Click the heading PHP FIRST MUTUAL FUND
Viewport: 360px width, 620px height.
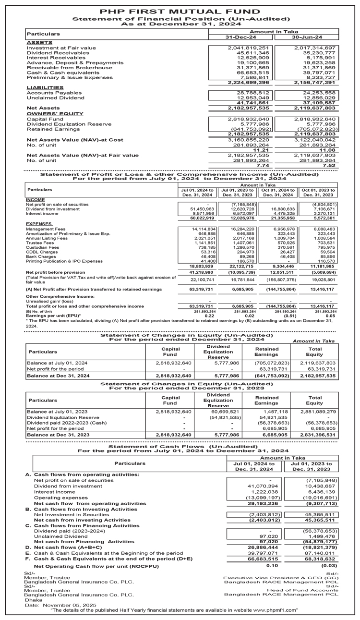coord(180,11)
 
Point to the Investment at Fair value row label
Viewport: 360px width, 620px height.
coord(61,48)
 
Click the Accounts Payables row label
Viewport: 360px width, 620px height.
coord(54,93)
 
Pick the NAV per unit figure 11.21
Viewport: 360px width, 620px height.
coord(260,150)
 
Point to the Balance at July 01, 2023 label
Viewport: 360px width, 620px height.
coord(57,412)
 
